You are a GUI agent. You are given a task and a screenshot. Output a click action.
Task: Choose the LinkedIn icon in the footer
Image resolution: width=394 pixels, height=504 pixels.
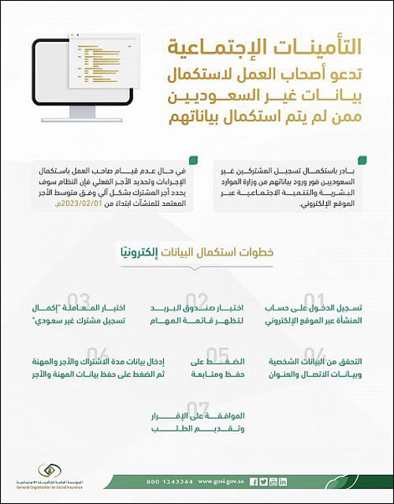pos(282,480)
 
